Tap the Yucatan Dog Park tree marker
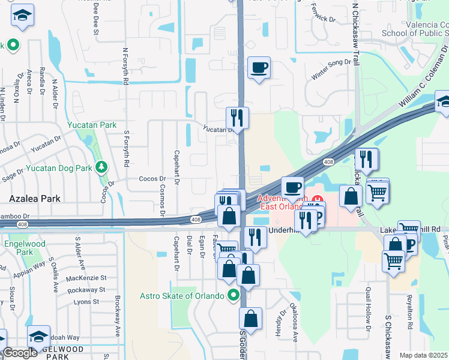click(x=101, y=167)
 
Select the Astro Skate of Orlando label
click(x=181, y=295)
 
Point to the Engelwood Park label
click(x=20, y=248)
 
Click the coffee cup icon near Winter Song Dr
click(x=259, y=68)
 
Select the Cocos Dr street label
click(x=152, y=179)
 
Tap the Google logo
click(x=20, y=353)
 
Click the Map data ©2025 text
click(x=423, y=355)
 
